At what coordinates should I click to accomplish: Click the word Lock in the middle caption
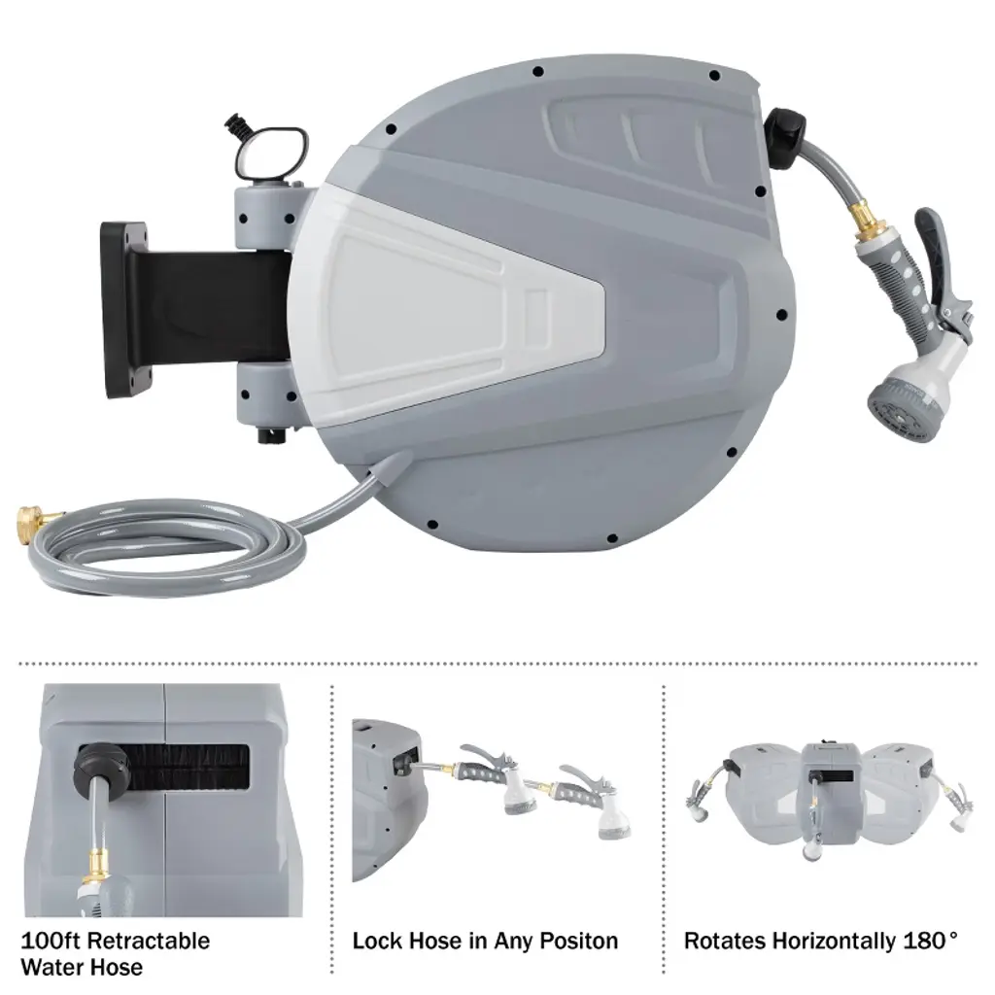coord(374,941)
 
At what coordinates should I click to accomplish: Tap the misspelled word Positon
coord(575,941)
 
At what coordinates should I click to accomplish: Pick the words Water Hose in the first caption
coord(82,967)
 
